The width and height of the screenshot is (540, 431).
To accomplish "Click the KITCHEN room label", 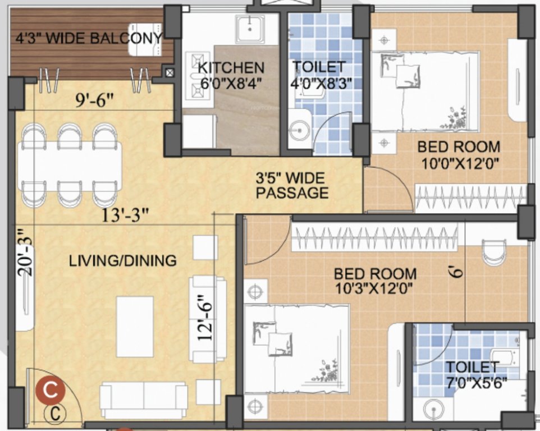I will (231, 68).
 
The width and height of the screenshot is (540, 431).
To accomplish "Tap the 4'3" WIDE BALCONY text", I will (88, 39).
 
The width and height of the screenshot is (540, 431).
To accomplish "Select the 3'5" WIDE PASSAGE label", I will (291, 186).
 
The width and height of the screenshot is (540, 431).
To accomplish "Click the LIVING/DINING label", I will (122, 260).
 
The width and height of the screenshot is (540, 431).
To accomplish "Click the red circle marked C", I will (51, 390).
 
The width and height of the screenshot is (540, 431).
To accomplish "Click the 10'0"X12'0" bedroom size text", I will (459, 164).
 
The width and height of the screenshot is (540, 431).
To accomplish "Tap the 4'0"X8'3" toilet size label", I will (319, 84).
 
